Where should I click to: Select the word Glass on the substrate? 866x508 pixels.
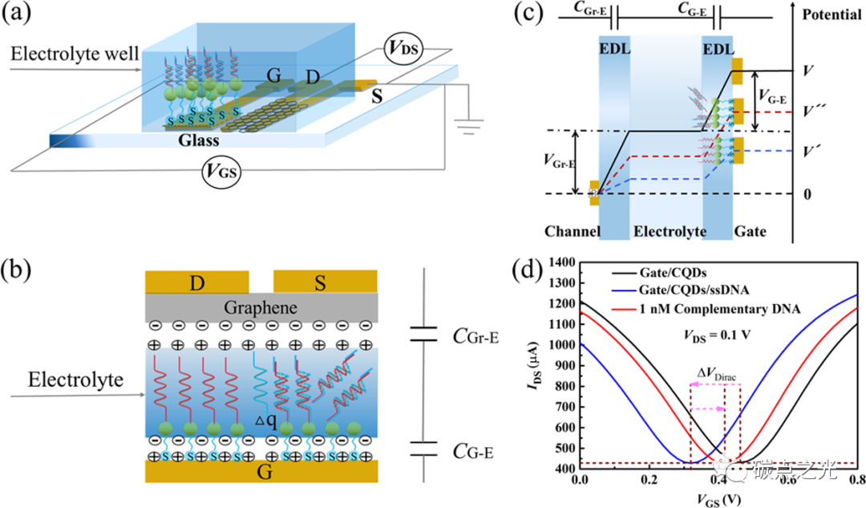pyautogui.click(x=198, y=140)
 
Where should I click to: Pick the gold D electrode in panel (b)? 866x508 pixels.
pyautogui.click(x=196, y=282)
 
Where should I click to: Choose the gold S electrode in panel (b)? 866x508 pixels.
pyautogui.click(x=325, y=282)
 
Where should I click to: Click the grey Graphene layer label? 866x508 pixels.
pyautogui.click(x=261, y=307)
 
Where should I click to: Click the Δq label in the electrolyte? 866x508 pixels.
pyautogui.click(x=267, y=418)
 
